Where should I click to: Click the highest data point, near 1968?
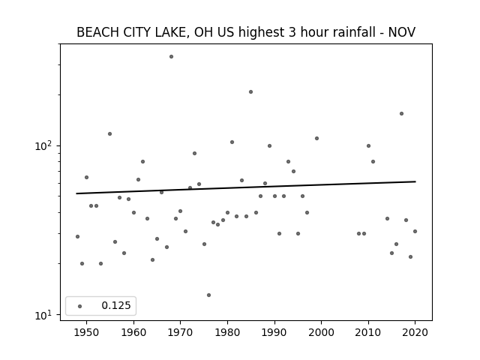[172, 57]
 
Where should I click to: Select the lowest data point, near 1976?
[208, 295]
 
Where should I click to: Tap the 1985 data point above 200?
[250, 91]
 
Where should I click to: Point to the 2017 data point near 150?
[401, 113]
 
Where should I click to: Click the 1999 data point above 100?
[316, 138]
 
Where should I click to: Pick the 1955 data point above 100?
[110, 133]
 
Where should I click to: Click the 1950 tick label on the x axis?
[87, 332]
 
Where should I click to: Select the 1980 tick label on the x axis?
[227, 332]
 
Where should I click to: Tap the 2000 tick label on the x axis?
[322, 332]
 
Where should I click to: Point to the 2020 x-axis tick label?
[415, 332]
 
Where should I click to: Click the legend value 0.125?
[116, 305]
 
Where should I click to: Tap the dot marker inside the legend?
[80, 306]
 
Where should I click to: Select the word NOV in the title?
[402, 32]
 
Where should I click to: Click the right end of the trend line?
[415, 181]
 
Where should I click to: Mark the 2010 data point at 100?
[368, 145]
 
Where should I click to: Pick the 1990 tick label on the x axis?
[274, 332]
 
